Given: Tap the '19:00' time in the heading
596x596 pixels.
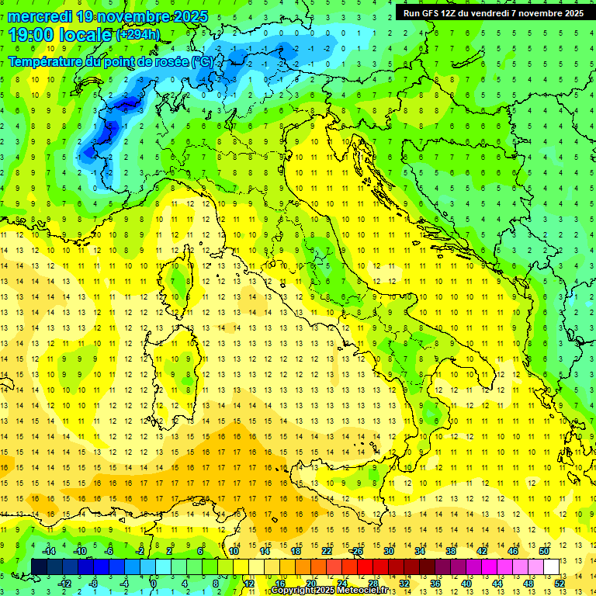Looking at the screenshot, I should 28,34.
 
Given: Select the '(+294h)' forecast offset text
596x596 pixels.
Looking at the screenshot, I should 138,34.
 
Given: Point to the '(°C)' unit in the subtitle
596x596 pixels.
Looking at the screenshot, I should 202,61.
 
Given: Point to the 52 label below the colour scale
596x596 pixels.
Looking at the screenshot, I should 560,584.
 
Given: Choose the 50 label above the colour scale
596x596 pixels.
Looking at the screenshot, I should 544,551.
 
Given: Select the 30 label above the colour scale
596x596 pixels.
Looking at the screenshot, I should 389,551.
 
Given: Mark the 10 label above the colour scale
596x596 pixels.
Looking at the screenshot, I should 234,551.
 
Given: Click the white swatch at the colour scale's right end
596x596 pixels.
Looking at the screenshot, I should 551,567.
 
